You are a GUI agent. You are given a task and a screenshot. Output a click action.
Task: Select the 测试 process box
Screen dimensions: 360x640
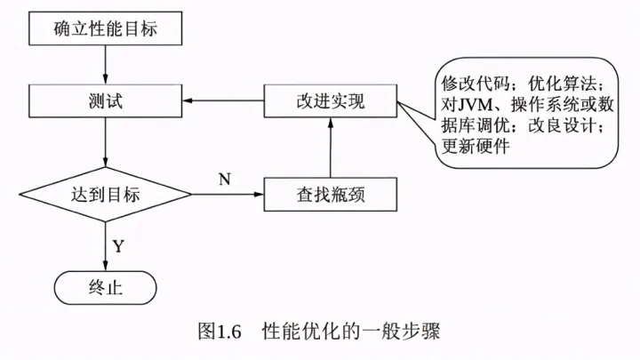tap(107, 100)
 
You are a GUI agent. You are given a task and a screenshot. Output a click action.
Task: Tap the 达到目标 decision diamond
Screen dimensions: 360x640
tap(107, 193)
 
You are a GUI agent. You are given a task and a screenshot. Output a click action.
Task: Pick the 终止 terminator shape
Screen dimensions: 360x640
tap(106, 286)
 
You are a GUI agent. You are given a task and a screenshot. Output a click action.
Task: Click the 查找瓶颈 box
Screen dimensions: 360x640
tap(330, 193)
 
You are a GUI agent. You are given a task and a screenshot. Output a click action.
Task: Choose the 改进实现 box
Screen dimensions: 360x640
tap(330, 100)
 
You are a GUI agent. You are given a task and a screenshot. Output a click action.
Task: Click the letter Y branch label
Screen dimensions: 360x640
tap(118, 244)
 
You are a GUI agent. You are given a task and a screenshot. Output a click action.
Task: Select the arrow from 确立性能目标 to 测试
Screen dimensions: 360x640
tap(107, 64)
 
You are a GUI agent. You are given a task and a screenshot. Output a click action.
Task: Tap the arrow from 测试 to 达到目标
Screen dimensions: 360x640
tap(107, 143)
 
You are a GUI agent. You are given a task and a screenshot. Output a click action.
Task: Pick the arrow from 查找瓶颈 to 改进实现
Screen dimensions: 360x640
tap(330, 147)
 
